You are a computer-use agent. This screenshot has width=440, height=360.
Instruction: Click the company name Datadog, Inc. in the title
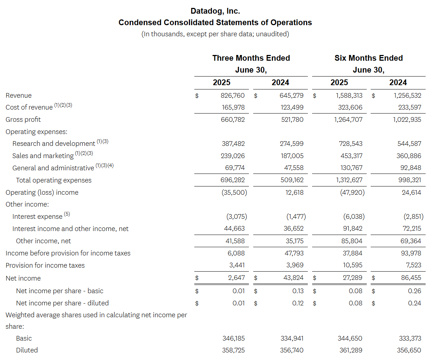(x=215, y=11)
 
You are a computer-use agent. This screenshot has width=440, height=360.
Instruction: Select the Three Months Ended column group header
(x=251, y=58)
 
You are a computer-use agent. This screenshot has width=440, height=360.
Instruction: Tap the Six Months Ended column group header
(x=369, y=58)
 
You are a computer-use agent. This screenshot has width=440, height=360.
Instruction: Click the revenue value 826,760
(x=232, y=96)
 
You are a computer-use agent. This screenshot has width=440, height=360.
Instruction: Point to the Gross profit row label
(x=23, y=120)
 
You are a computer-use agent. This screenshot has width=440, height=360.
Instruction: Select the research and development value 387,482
(x=233, y=144)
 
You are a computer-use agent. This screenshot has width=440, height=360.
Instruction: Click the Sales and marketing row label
(x=43, y=156)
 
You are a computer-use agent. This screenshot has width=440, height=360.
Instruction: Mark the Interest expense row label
(x=37, y=217)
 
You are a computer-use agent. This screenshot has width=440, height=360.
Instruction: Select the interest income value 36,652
(x=292, y=229)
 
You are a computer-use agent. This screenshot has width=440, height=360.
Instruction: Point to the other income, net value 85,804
(x=352, y=241)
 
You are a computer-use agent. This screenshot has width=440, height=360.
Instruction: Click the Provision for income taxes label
(x=45, y=266)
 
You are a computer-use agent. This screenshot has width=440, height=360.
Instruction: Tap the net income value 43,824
(x=292, y=278)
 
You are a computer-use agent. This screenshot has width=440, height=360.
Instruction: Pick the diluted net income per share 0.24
(x=414, y=303)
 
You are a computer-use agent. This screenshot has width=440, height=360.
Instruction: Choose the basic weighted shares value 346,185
(x=233, y=338)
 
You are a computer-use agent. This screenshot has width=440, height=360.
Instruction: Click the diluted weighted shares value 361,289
(x=351, y=350)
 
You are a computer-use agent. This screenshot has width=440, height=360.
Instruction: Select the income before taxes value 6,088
(x=236, y=253)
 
